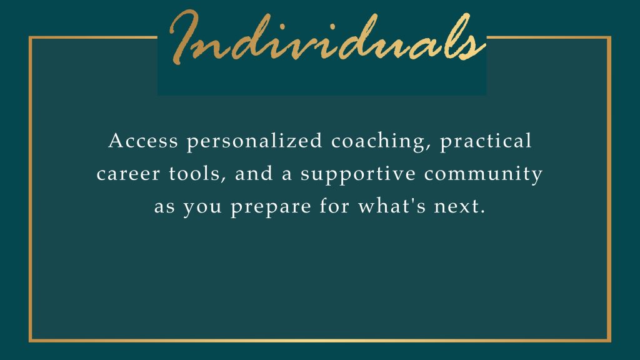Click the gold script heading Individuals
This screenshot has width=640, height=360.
[327, 37]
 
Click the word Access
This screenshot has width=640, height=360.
[143, 141]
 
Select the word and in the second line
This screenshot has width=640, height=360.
[254, 173]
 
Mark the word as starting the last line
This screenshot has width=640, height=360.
[164, 207]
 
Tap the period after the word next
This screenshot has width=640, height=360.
[483, 212]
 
